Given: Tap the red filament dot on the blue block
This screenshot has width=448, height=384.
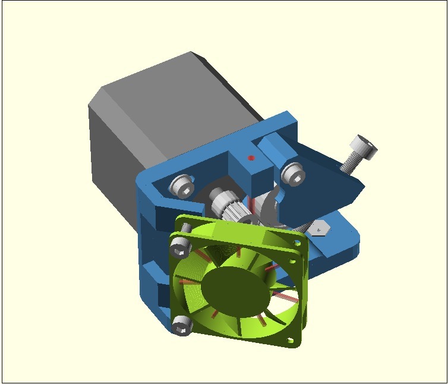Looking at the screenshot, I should point(251,158).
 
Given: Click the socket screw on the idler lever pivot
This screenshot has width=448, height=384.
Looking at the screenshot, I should point(292,173).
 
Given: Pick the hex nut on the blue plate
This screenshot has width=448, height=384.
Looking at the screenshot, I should point(320,228).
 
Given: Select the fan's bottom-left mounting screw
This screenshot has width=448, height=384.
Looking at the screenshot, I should point(182,325).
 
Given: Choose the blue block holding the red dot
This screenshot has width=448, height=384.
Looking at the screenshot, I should point(250,166).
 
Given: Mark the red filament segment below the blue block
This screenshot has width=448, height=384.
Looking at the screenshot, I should point(253,202).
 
